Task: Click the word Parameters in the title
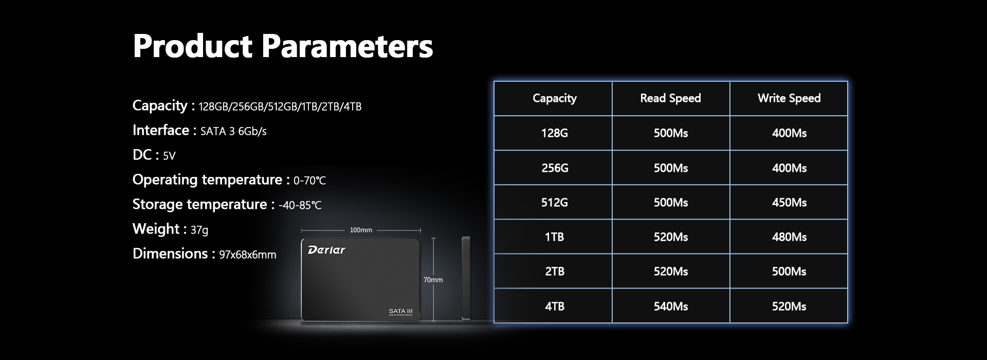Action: click(x=348, y=46)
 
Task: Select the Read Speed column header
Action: click(x=670, y=98)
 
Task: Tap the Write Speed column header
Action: click(x=789, y=98)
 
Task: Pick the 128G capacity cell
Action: click(x=554, y=133)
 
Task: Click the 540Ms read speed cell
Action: click(x=670, y=307)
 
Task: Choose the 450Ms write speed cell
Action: click(x=789, y=203)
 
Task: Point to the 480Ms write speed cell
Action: click(x=789, y=237)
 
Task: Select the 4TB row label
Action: click(x=554, y=307)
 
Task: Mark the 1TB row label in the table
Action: click(x=554, y=237)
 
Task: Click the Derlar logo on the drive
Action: click(x=326, y=250)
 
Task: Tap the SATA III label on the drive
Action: click(x=400, y=311)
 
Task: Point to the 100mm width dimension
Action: click(x=361, y=230)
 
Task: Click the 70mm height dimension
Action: click(x=433, y=280)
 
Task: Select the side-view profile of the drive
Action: click(x=466, y=278)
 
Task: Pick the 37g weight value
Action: click(x=199, y=230)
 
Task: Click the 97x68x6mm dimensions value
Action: click(x=248, y=255)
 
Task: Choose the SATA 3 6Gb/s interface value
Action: click(x=233, y=132)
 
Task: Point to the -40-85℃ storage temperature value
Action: click(x=300, y=206)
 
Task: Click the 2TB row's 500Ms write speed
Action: click(x=789, y=272)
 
